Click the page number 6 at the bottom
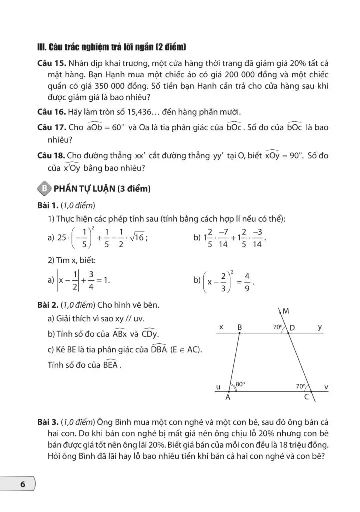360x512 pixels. (22, 484)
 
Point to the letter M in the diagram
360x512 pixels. (286, 311)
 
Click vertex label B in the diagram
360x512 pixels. (240, 327)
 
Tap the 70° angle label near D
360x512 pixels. (278, 327)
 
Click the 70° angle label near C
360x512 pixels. (300, 386)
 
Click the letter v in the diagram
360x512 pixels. (326, 387)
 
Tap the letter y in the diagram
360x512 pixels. (320, 327)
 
